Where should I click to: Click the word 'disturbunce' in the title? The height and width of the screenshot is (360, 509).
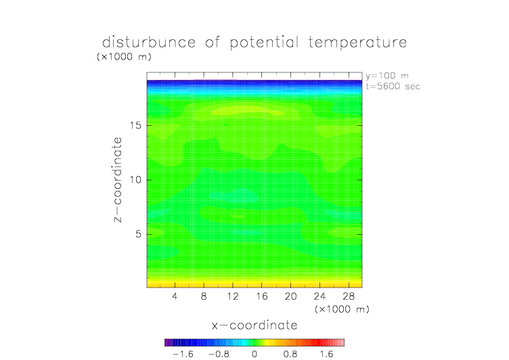[149, 42]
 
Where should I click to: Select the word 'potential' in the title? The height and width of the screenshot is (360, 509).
[264, 43]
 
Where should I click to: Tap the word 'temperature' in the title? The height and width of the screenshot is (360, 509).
[357, 43]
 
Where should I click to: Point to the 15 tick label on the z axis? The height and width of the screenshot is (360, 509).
[135, 125]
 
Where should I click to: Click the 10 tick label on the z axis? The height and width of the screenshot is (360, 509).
[135, 180]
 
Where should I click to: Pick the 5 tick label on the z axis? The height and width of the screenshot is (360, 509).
[139, 234]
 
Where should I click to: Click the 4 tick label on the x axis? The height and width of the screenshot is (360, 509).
[175, 296]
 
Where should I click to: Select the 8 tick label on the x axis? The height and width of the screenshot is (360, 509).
[204, 296]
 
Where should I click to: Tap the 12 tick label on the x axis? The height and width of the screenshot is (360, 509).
[233, 296]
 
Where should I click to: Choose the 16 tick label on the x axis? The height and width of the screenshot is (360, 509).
[262, 296]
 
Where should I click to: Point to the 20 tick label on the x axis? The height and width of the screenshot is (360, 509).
[290, 296]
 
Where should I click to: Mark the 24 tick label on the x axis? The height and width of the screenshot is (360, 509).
[319, 296]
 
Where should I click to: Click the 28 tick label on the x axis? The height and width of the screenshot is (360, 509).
[349, 296]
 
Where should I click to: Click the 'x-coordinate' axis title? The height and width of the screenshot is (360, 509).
[255, 325]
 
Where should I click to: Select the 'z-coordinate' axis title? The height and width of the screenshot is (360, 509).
[118, 179]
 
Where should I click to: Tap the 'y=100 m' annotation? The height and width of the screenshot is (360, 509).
[387, 76]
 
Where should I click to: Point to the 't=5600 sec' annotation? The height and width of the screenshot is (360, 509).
[393, 86]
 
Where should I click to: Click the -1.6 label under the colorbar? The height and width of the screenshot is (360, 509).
[183, 354]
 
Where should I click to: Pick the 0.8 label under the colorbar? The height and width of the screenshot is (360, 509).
[290, 354]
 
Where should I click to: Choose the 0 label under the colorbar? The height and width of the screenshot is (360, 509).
[255, 354]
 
